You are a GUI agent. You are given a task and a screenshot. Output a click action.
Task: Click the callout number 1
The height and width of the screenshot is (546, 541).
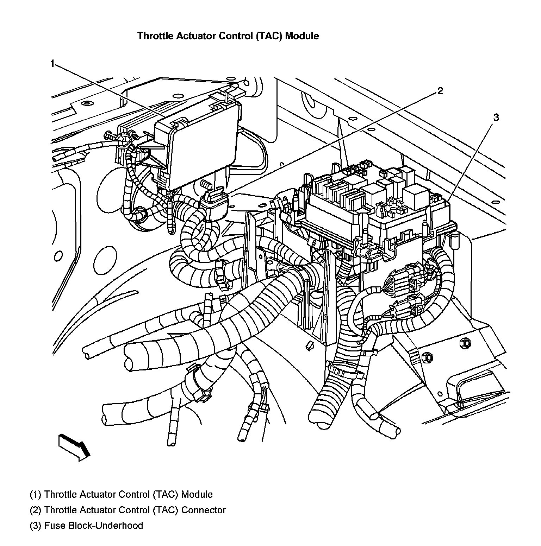coord(52,64)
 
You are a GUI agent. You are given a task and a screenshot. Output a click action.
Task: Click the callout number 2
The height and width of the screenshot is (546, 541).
coord(440,91)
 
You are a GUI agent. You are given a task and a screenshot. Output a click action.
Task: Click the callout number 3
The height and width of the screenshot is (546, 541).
coord(496,118)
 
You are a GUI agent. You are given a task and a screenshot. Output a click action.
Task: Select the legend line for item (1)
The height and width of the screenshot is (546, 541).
coord(121,495)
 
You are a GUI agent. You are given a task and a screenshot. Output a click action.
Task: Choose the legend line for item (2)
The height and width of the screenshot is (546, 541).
coord(128,510)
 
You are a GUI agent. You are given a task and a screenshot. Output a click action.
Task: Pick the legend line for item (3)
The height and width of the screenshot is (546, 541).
coord(86,526)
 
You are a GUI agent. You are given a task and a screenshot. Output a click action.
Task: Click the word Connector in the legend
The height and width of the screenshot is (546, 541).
coord(203,510)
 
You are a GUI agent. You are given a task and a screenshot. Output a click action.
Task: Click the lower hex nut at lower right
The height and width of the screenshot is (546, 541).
coord(427,357)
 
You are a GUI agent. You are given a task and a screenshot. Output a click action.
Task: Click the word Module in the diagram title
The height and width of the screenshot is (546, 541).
coord(301,36)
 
